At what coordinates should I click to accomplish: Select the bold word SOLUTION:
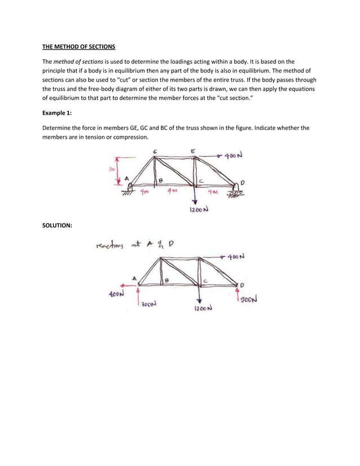[60, 226]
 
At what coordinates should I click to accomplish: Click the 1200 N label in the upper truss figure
[197, 210]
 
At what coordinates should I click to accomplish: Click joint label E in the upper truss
[193, 151]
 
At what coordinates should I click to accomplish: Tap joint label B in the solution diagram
[166, 280]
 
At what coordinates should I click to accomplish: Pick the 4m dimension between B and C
[172, 191]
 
